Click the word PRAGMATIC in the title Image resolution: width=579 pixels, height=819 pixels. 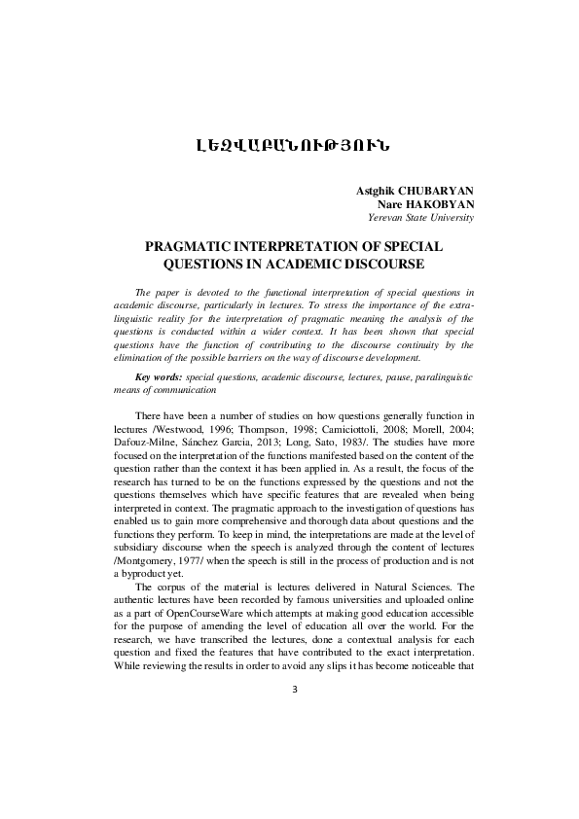[192, 246]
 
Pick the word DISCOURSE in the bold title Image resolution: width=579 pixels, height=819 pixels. [375, 263]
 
